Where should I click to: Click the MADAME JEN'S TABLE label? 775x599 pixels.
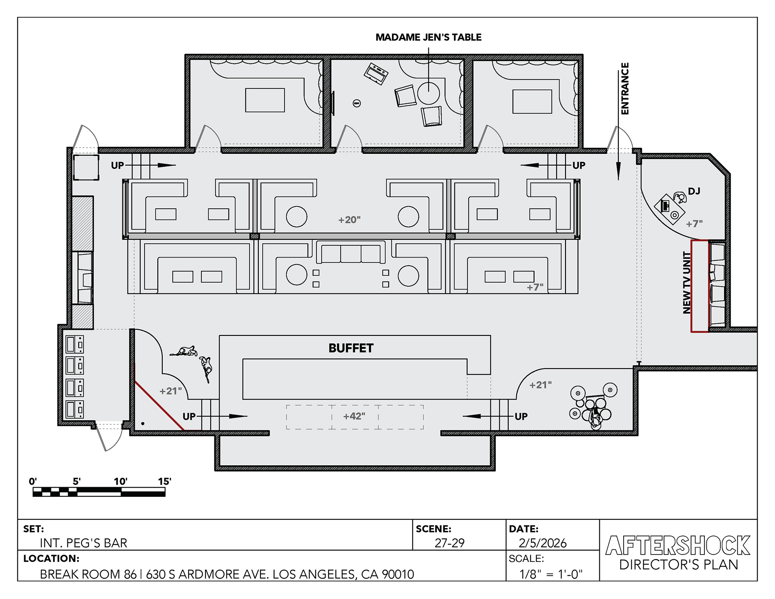428,38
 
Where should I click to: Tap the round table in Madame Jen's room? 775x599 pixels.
428,93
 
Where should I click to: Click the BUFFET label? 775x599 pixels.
351,348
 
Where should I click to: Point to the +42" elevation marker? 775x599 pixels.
354,416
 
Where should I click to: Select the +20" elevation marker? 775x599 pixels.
349,220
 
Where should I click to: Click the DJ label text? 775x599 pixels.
694,191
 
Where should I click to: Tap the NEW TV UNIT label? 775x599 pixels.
687,283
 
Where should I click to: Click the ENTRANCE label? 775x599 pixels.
625,88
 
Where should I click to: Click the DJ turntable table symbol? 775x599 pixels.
670,209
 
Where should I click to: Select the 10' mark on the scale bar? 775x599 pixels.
120,482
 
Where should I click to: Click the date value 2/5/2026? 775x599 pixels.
542,543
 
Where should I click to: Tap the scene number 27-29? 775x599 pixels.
449,543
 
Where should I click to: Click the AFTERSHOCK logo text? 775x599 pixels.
678,545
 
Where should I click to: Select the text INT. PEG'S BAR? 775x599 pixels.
83,543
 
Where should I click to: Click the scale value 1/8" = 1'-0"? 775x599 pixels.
551,574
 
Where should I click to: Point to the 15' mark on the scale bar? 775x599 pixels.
164,482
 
